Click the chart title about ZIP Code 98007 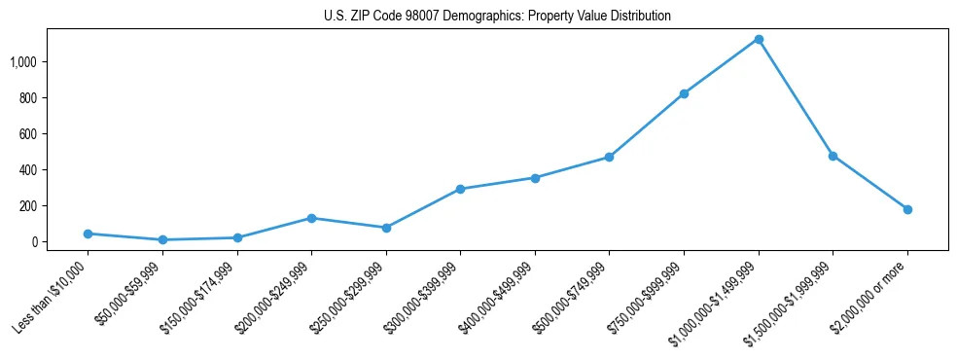click(x=497, y=17)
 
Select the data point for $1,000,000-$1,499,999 click(x=759, y=39)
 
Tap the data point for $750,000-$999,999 click(x=684, y=93)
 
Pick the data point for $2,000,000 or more click(x=907, y=209)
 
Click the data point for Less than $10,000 click(x=88, y=234)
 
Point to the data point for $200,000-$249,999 click(x=311, y=218)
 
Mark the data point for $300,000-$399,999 click(x=460, y=189)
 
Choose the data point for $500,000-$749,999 click(x=609, y=157)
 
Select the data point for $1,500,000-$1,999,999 click(x=833, y=156)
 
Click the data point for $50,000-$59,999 click(x=162, y=239)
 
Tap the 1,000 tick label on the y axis click(x=23, y=62)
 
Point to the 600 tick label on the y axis click(x=28, y=134)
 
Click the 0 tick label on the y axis click(x=33, y=242)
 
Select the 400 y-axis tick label click(x=28, y=170)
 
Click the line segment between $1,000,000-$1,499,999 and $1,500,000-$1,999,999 click(x=796, y=97)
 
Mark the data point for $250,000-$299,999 click(x=386, y=228)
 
